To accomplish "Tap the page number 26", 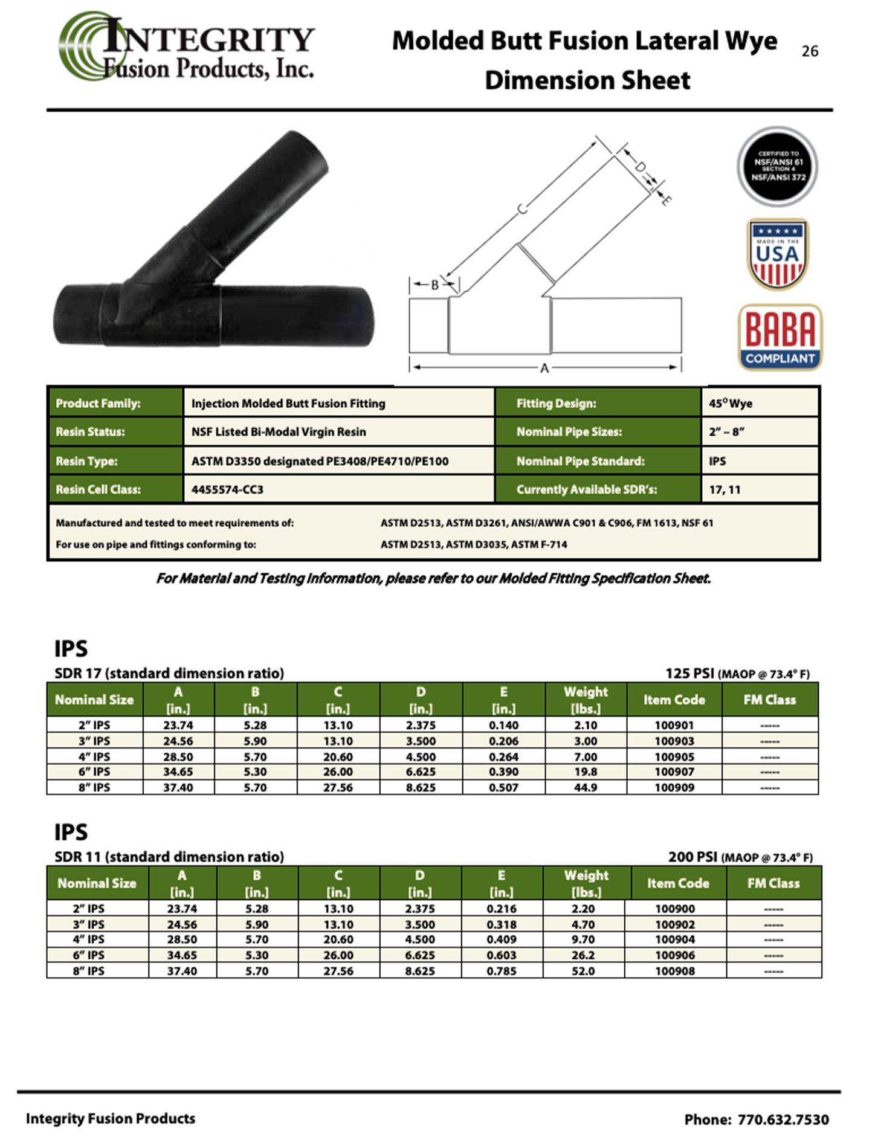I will coord(810,51).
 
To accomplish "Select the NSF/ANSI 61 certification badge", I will coord(778,166).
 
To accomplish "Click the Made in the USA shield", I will coord(778,254).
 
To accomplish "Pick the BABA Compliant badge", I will coord(780,337).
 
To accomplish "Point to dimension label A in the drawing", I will coord(544,367).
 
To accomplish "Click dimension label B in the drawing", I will coord(434,285).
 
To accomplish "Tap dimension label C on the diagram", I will coord(522,210).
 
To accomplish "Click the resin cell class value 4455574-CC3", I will coord(227,489).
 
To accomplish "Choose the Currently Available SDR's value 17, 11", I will coord(725,489).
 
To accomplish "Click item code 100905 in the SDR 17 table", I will coord(674,756).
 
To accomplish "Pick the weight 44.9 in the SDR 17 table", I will coord(586,787).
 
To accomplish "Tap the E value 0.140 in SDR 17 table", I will coord(503,725).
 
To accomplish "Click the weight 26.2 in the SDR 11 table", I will coord(583,955).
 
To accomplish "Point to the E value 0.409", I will coord(502,939).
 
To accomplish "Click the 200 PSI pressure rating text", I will coord(693,857).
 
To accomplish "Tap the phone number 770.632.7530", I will coord(783,1120).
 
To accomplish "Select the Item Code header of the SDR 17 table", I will coord(674,700).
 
